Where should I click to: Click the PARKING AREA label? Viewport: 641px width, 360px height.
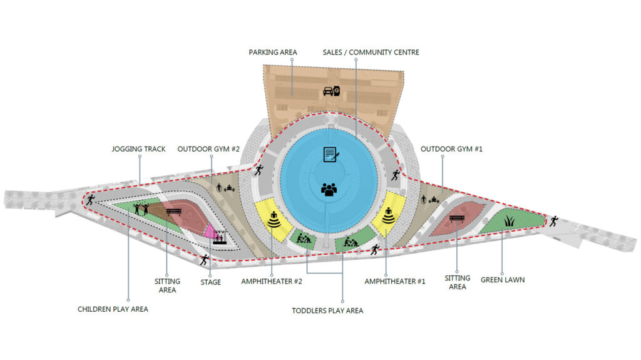273,52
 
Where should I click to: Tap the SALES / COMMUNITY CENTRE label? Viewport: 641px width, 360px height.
371,52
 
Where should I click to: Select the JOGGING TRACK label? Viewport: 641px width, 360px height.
138,149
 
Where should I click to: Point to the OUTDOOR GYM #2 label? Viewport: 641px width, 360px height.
209,149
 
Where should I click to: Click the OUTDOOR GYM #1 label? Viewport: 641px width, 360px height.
451,149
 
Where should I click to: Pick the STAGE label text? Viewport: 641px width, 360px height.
211,282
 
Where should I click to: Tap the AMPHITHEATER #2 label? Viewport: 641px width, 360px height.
272,282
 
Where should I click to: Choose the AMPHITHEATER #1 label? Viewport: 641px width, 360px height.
395,282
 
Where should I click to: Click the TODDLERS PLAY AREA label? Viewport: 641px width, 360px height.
327,311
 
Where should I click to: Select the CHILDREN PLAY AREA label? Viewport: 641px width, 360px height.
113,309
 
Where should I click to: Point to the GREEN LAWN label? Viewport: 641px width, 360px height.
503,280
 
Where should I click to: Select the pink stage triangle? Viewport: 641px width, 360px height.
212,230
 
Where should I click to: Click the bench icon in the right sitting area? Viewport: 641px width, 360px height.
456,219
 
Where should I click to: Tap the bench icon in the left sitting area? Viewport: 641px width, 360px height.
173,212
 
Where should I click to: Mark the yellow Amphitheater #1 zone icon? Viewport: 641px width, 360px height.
389,215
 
